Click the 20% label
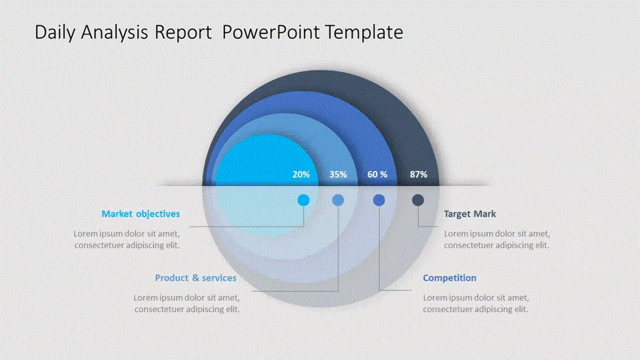(x=301, y=174)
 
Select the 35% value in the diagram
(x=338, y=174)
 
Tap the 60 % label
(x=377, y=174)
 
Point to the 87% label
(x=419, y=174)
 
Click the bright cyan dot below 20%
(x=303, y=200)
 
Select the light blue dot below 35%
(x=338, y=200)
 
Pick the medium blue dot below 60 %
(x=379, y=200)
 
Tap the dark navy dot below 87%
(x=418, y=200)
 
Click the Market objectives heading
(x=140, y=214)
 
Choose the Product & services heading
(x=196, y=278)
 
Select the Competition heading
(x=449, y=278)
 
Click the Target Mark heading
(x=470, y=214)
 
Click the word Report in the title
(x=183, y=32)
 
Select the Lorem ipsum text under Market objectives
(x=127, y=239)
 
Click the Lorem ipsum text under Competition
(x=476, y=303)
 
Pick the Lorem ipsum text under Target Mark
(x=497, y=239)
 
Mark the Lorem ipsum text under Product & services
(x=187, y=303)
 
